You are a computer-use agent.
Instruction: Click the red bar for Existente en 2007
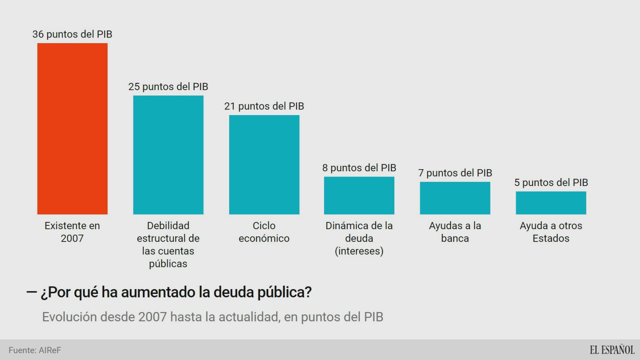(x=72, y=129)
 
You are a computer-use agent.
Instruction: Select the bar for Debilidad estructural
(x=168, y=155)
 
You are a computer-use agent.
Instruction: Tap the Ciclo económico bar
(x=264, y=165)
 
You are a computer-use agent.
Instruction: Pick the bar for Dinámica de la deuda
(x=359, y=195)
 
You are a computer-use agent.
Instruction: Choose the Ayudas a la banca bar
(x=455, y=198)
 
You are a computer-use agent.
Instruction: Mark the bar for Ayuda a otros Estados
(x=551, y=203)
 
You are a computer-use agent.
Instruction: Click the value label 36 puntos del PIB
(x=72, y=34)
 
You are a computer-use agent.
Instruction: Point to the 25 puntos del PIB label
(x=168, y=87)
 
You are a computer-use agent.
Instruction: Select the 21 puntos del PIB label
(x=264, y=106)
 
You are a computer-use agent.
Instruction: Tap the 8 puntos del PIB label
(x=359, y=168)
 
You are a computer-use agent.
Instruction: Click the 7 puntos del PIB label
(x=455, y=173)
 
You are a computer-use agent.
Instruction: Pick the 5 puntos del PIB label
(x=551, y=183)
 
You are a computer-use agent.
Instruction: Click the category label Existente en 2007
(x=72, y=232)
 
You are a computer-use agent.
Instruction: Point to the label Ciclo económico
(x=264, y=232)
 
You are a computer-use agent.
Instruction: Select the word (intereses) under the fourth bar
(x=359, y=251)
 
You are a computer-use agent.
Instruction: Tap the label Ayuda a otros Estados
(x=551, y=232)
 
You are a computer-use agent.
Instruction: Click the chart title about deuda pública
(x=176, y=292)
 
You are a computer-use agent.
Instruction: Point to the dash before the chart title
(x=32, y=292)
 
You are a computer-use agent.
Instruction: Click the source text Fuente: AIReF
(x=35, y=350)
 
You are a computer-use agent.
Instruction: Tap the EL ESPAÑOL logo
(x=612, y=350)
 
